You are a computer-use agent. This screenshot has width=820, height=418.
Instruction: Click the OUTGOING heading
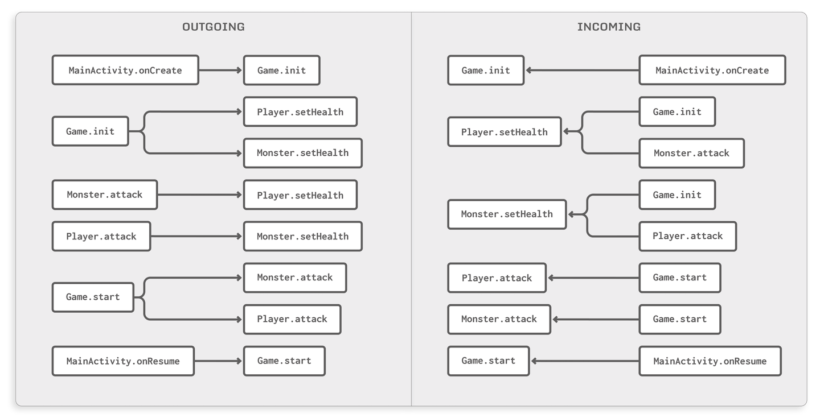tap(213, 27)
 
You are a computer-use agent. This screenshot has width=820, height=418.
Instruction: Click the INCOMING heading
tap(609, 27)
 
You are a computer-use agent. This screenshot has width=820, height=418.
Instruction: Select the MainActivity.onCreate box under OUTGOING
tap(125, 71)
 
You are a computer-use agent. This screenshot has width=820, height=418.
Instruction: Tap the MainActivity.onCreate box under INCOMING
tap(712, 71)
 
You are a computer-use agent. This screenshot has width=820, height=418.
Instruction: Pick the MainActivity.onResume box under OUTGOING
tap(123, 361)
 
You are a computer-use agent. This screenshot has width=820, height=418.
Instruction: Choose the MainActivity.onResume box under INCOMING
tap(710, 361)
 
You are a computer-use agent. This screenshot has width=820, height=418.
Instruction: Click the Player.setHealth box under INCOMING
tap(504, 132)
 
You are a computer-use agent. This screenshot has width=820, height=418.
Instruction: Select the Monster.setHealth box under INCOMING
tap(507, 214)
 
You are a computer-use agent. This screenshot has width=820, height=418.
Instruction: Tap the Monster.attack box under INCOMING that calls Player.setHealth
tap(691, 153)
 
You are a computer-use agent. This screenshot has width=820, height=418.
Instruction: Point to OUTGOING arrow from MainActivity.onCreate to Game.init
tap(221, 71)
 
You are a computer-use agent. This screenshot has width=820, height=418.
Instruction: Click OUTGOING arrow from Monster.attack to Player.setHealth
tap(200, 195)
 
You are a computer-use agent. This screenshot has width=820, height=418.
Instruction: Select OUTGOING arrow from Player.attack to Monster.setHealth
tap(197, 236)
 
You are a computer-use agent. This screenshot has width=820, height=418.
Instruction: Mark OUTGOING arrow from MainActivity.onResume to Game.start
tap(219, 361)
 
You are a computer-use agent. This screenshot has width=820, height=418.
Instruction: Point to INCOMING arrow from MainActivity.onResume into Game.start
tap(584, 361)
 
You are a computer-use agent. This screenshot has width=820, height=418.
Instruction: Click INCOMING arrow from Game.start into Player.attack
tap(593, 278)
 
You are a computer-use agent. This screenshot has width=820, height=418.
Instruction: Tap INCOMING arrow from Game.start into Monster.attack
tap(596, 319)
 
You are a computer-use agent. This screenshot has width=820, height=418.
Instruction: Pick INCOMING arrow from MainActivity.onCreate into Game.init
tap(581, 71)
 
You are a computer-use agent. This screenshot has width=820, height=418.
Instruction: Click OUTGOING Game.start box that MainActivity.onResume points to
tap(284, 361)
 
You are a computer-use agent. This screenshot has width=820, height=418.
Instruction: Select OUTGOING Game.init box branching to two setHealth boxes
tap(90, 131)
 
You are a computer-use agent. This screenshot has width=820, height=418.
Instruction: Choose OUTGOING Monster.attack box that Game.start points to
tap(294, 278)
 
